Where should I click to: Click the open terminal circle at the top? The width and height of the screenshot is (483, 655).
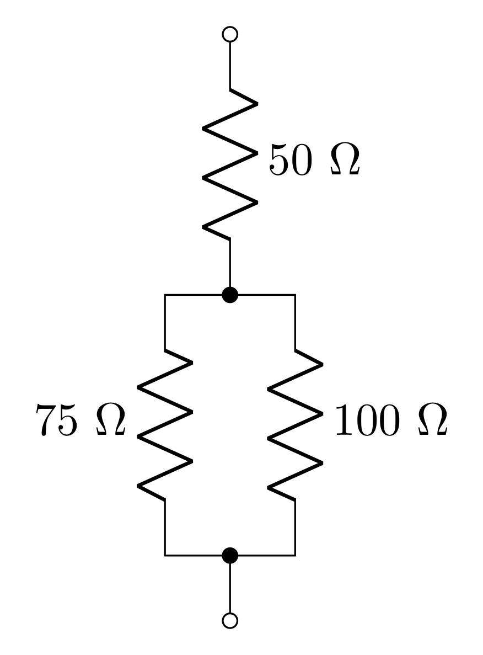(230, 34)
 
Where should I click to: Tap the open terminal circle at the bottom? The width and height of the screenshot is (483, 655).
(230, 620)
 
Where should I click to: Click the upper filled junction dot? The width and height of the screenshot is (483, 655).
(230, 295)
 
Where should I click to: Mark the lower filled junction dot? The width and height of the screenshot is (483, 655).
(230, 555)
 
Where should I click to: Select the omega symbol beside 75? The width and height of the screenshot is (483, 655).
(111, 420)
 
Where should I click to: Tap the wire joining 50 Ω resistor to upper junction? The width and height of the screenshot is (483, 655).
(230, 265)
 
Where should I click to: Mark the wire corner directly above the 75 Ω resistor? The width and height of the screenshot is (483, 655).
(165, 295)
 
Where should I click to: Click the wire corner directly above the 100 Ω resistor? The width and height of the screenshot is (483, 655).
(295, 295)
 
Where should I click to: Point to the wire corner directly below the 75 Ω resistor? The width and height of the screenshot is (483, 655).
(165, 555)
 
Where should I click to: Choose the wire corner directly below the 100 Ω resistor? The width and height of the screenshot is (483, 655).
(295, 555)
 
